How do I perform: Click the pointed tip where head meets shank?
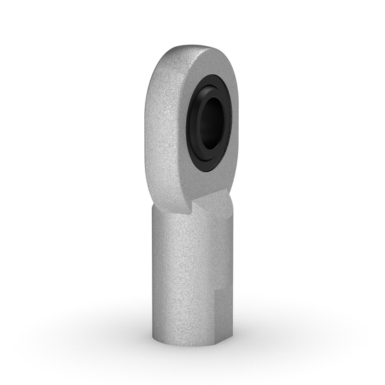[x=190, y=213]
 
